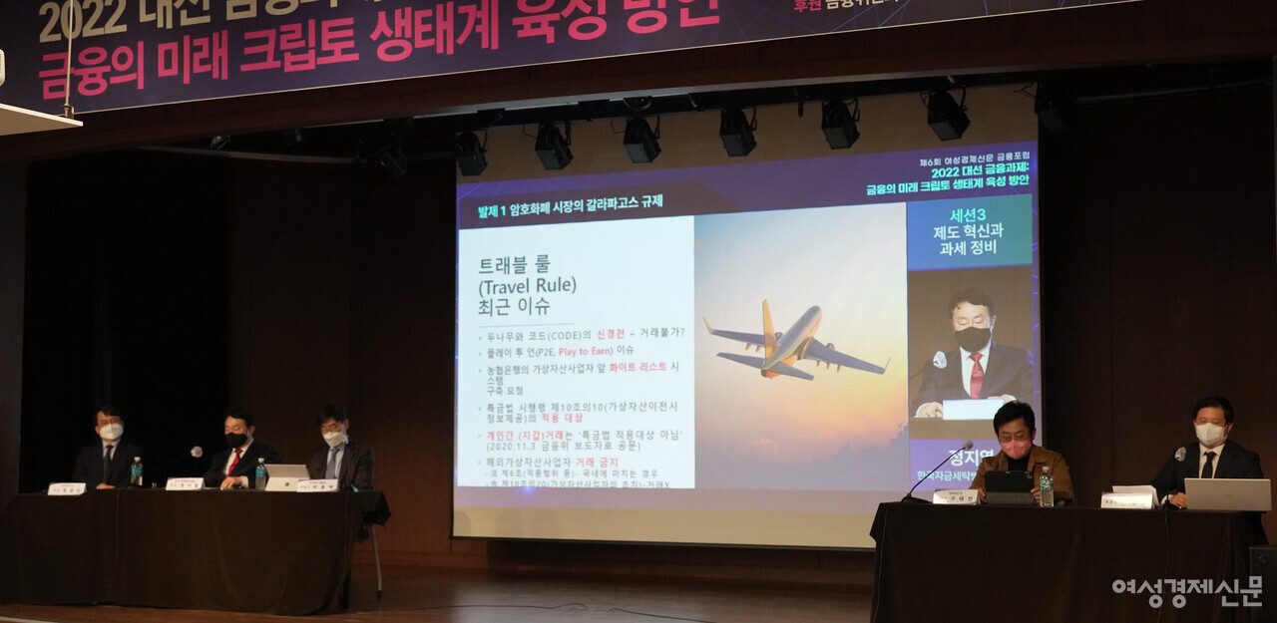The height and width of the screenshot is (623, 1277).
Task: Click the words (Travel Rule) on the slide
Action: click(x=528, y=285)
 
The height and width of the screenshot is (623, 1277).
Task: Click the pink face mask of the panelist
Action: click(x=1016, y=448)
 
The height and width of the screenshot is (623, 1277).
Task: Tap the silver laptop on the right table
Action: click(x=1227, y=494)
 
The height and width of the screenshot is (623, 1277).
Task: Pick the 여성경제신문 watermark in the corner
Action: click(x=1186, y=591)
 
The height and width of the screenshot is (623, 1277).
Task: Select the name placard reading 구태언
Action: click(x=955, y=496)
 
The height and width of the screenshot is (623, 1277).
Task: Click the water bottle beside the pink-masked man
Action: click(x=1046, y=487)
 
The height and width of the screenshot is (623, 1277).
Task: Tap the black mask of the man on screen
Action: click(x=973, y=338)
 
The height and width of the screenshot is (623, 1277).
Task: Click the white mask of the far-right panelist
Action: click(x=1210, y=435)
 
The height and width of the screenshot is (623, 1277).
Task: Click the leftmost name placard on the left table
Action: click(x=67, y=488)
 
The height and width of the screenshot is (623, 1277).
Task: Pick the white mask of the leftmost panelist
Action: click(x=111, y=432)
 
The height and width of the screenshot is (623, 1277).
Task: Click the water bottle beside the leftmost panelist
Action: click(x=136, y=471)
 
